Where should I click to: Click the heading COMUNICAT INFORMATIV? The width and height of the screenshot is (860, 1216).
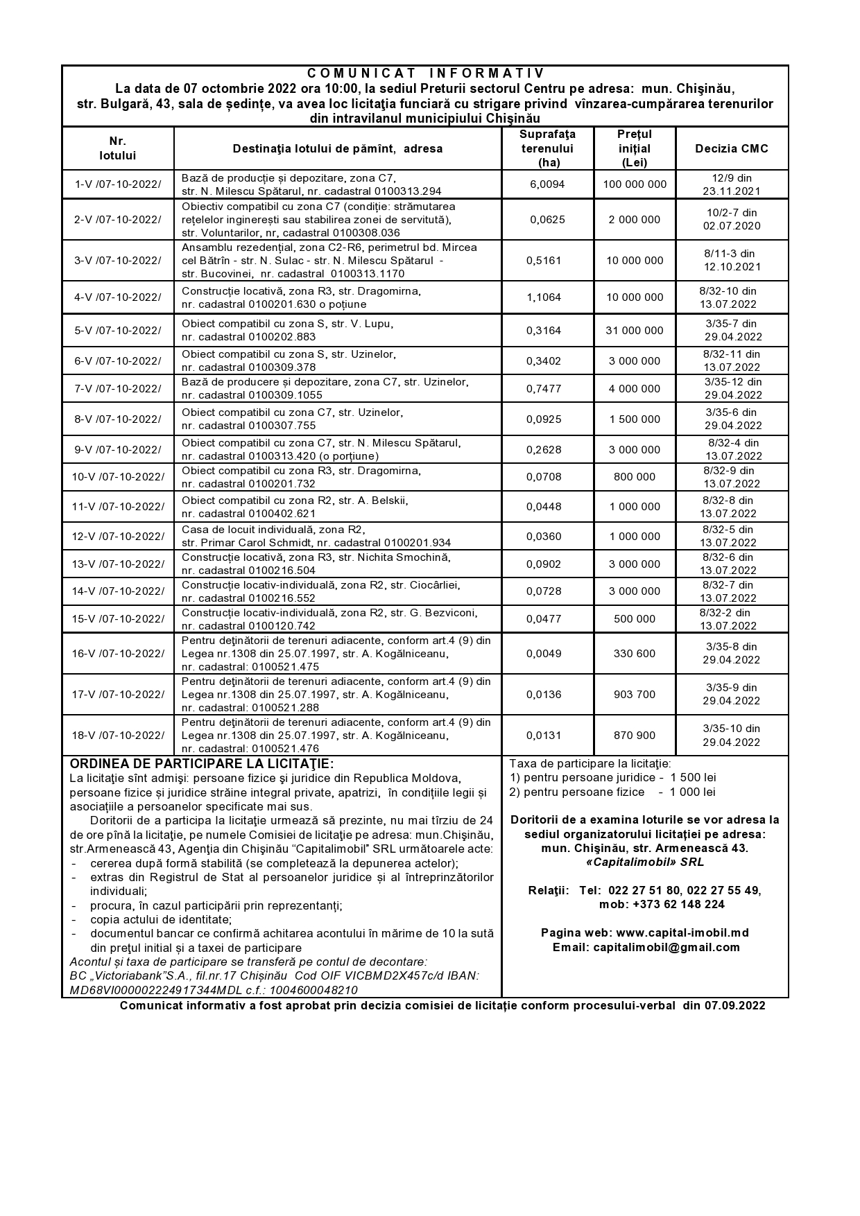coord(426,73)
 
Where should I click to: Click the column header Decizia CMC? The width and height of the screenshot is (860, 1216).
coord(732,148)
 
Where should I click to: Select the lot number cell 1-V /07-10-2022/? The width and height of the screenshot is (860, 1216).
coord(118,184)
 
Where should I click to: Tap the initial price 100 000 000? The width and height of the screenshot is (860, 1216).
coord(635,184)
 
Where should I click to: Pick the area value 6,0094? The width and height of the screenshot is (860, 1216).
coord(547,184)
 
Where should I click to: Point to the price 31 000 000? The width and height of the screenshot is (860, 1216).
coord(635,331)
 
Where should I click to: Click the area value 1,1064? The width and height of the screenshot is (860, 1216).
coord(547,297)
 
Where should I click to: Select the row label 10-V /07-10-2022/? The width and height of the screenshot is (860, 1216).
coord(118,477)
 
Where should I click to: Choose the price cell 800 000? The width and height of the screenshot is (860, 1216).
coord(635,477)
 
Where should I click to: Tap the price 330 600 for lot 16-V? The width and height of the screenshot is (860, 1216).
coord(635,653)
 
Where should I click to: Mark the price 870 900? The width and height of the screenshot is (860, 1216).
coord(635,735)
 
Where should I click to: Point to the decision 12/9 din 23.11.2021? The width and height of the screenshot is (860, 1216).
coord(732,184)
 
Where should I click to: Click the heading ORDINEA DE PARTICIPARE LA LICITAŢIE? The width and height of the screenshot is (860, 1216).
coord(202,764)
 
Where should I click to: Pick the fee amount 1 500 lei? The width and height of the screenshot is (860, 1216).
coord(693,778)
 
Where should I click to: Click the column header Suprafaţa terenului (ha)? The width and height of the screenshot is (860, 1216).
coord(547,148)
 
